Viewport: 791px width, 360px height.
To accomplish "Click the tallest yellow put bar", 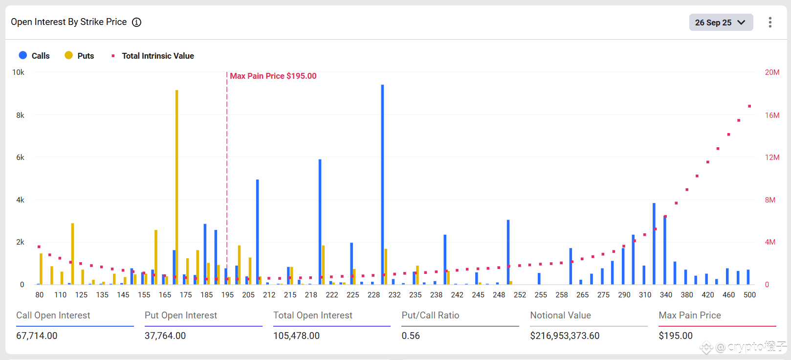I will point(177,186).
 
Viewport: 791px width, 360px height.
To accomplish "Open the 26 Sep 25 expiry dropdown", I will point(721,22).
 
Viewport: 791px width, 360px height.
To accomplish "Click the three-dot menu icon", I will point(770,22).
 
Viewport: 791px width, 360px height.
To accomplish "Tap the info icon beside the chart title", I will point(137,22).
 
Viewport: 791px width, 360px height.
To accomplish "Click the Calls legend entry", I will point(34,56).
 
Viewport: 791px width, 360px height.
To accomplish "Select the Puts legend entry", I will point(79,56).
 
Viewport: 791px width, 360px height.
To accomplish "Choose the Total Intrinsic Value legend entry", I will point(153,56).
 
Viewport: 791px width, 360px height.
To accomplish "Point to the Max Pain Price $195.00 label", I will point(273,76).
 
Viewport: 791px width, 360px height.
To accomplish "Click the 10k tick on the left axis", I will point(18,72).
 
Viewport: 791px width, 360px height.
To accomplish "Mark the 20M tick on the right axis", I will point(772,72).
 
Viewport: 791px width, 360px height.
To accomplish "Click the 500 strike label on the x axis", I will point(749,295).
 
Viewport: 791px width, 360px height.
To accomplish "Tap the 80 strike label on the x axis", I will point(40,295).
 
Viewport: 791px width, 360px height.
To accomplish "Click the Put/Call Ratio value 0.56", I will point(411,336).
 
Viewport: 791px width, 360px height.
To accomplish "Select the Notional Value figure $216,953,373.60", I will point(565,336).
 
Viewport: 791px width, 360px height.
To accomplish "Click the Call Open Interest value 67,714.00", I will point(37,336).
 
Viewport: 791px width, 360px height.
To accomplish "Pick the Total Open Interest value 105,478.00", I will point(296,336).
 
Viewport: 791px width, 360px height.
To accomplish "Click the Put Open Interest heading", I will point(181,315).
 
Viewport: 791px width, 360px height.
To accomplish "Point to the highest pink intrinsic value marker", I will point(749,106).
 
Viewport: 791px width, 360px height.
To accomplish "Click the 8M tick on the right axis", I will point(770,200).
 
